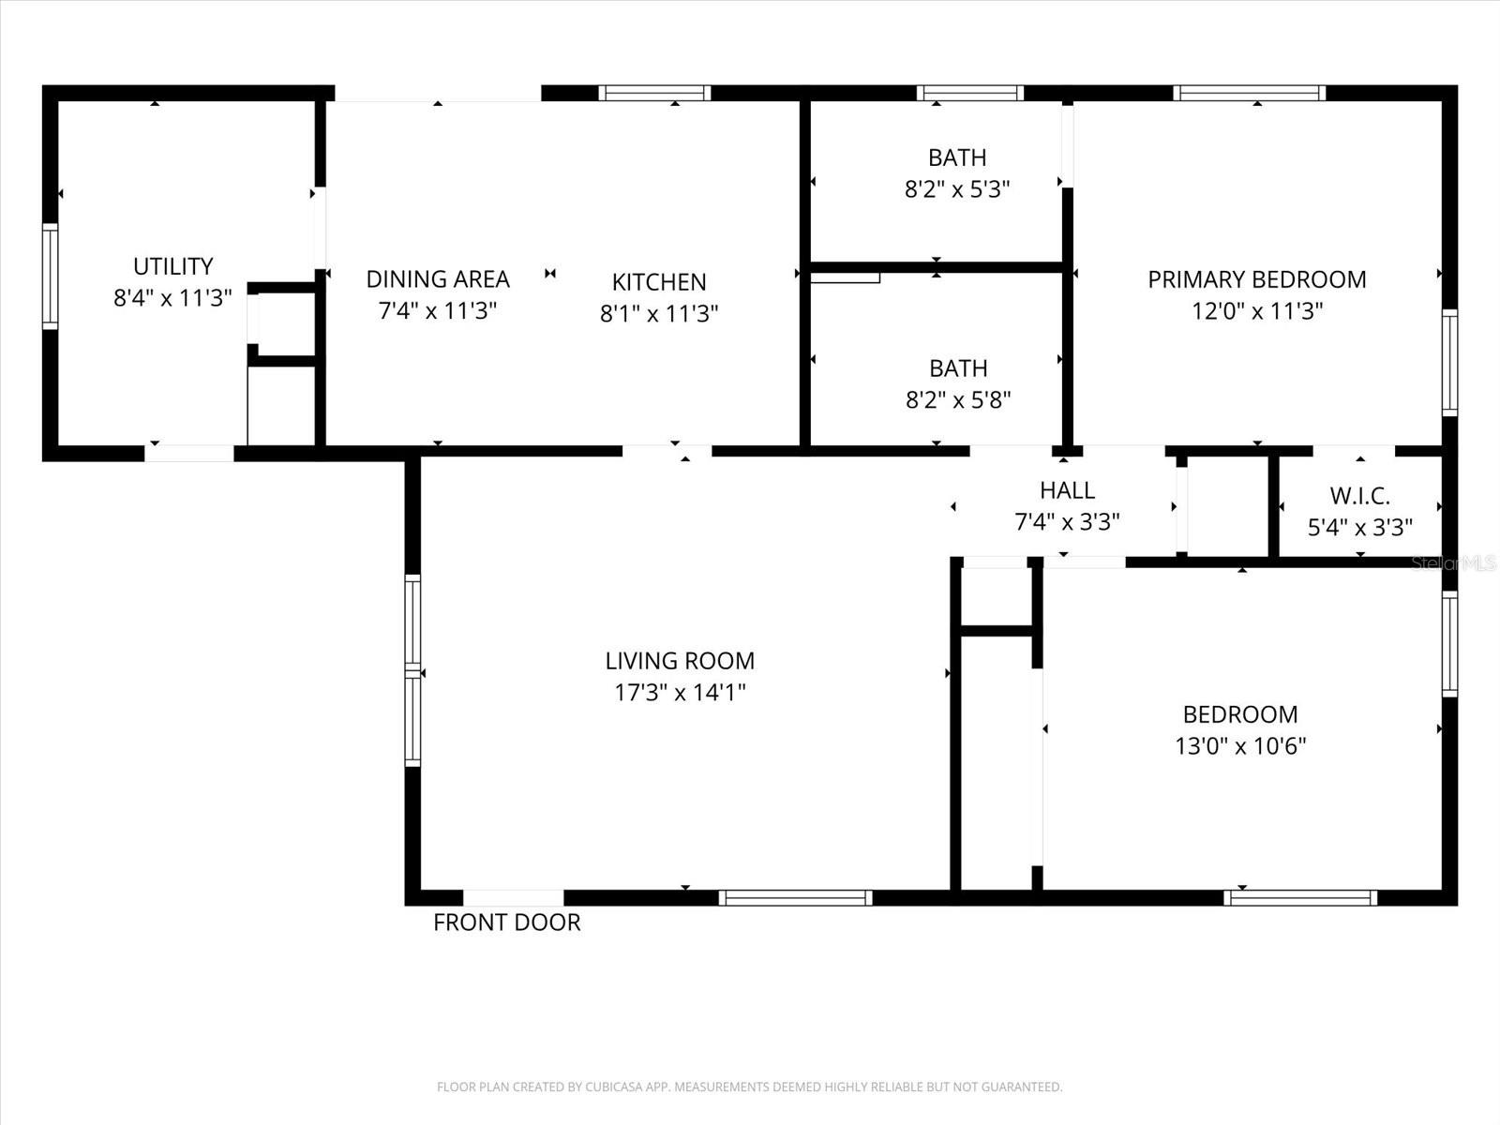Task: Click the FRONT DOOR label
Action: point(506,922)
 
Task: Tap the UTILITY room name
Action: point(172,266)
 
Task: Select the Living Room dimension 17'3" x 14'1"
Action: point(680,693)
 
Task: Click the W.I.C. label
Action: point(1359,496)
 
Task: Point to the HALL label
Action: point(1067,490)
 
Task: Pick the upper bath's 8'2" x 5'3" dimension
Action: point(956,189)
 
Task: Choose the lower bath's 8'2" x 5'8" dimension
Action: point(957,400)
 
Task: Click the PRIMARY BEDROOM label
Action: point(1256,279)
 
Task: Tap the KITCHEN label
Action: point(659,282)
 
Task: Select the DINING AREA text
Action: point(437,279)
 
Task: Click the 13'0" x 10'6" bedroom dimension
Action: point(1239,746)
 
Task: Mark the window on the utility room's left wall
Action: point(50,277)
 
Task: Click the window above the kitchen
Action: point(654,93)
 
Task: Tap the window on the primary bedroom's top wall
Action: point(1249,93)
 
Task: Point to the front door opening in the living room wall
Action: point(514,897)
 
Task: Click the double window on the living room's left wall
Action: point(412,670)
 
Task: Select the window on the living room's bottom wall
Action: point(795,898)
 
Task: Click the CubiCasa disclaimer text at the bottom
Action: point(749,1087)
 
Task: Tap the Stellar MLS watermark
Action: point(1453,563)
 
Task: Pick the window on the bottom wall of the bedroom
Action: point(1299,898)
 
